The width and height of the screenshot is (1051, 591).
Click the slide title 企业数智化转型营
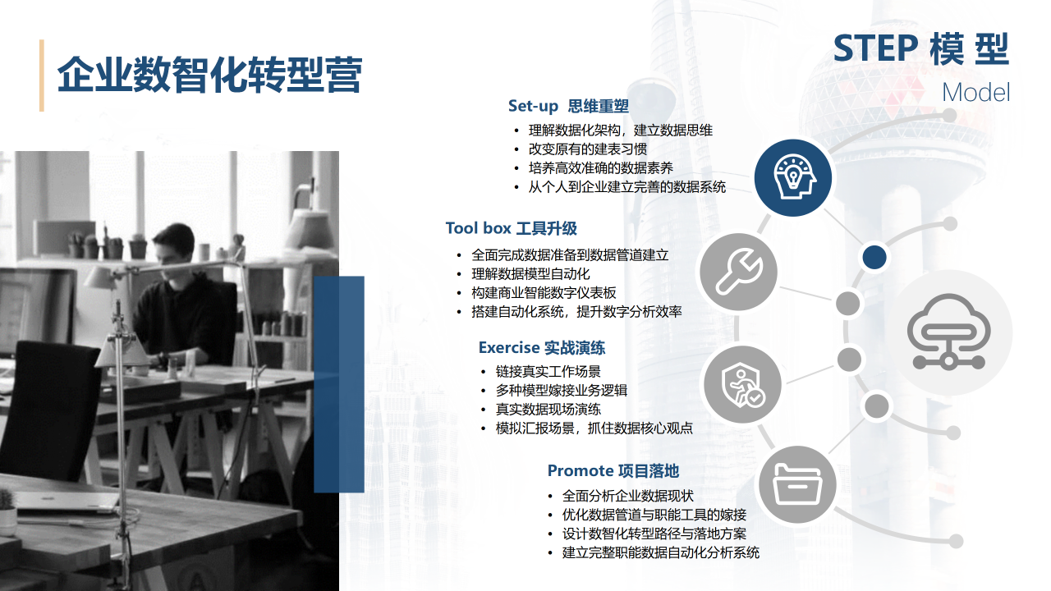click(x=209, y=75)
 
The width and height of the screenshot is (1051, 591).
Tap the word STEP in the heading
click(x=875, y=48)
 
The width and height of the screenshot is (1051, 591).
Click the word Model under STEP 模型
click(x=976, y=93)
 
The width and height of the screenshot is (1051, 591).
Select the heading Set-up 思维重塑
click(x=568, y=106)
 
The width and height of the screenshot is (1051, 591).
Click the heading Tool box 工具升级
click(x=511, y=228)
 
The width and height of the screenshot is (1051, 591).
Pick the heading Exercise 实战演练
click(x=541, y=347)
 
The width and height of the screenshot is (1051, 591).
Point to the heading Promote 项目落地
click(x=613, y=470)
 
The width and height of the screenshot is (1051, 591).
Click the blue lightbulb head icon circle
click(x=793, y=178)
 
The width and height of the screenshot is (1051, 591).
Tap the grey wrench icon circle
click(x=739, y=272)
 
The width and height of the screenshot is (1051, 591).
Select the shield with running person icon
click(x=743, y=385)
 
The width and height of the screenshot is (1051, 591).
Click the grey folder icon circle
click(x=797, y=484)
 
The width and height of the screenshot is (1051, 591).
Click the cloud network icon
click(x=948, y=332)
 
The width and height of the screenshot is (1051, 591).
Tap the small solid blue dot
click(x=874, y=257)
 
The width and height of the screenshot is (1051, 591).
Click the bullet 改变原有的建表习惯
click(x=587, y=149)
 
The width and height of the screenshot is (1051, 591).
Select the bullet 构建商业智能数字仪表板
click(x=544, y=293)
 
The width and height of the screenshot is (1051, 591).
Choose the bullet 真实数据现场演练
click(x=548, y=409)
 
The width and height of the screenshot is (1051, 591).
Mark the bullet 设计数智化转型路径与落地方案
click(x=654, y=534)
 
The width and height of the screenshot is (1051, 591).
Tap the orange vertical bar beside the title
click(x=42, y=76)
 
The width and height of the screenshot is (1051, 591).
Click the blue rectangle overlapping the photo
click(x=339, y=384)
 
